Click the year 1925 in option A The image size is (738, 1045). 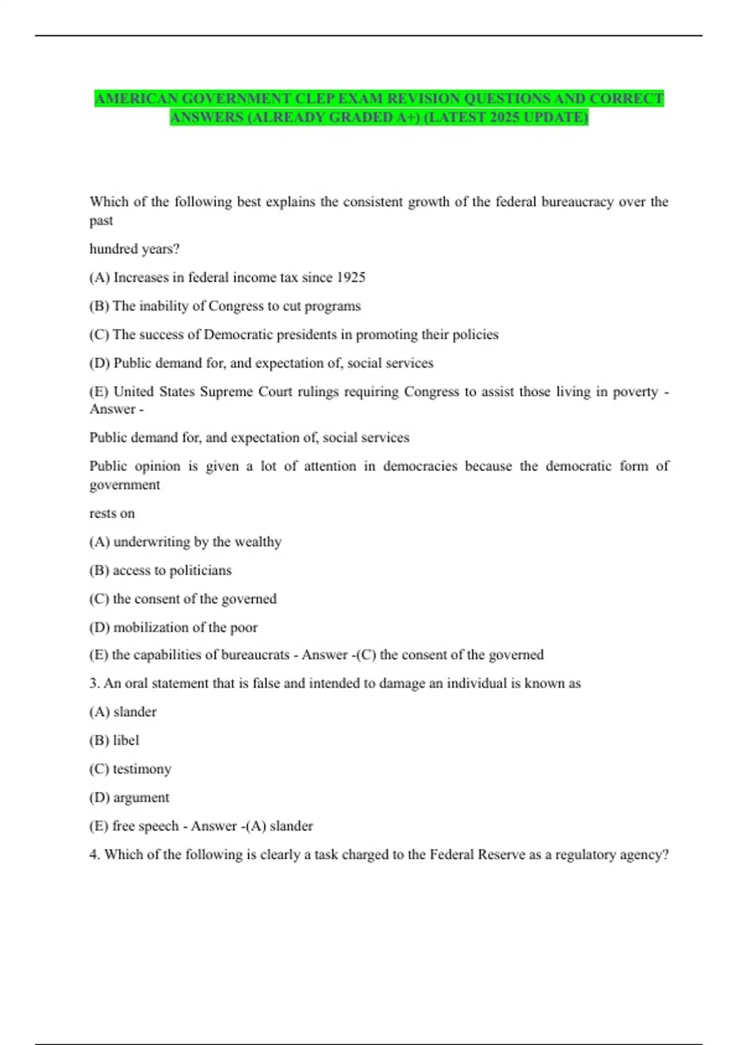(351, 277)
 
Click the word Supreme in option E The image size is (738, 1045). (226, 392)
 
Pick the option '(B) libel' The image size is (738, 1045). (114, 740)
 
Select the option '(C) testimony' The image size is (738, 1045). (130, 769)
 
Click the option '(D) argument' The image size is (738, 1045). (129, 797)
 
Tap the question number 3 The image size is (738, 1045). (94, 684)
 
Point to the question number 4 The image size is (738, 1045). (94, 854)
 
